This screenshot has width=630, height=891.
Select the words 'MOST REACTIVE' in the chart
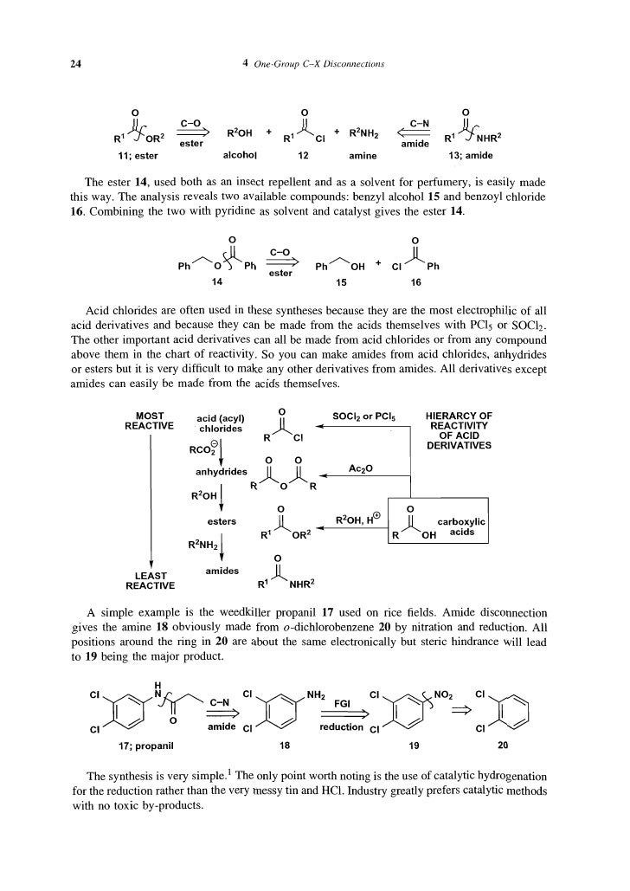tap(151, 420)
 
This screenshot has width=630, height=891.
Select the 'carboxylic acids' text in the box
tap(462, 527)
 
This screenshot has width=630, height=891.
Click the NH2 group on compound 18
tap(320, 694)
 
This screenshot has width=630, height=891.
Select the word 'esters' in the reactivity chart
tap(222, 521)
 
